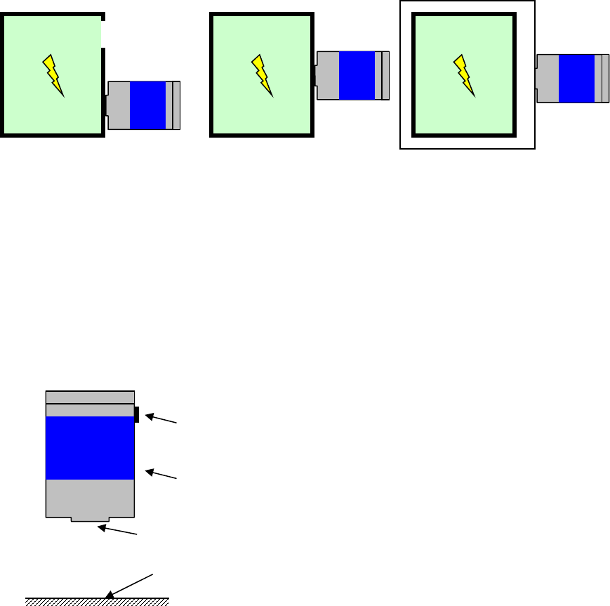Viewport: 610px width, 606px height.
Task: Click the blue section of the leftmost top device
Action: (147, 105)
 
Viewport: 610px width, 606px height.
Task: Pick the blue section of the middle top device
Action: (357, 75)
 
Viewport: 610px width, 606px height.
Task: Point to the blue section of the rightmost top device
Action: (576, 78)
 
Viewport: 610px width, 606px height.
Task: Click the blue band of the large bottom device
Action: (90, 448)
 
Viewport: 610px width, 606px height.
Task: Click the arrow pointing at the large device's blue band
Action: (163, 474)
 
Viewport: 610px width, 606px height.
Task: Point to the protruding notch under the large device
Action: (90, 520)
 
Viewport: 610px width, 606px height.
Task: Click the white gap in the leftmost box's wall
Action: (103, 33)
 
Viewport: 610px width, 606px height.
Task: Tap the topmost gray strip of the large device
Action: (90, 397)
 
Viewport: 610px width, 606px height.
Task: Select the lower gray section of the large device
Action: (90, 498)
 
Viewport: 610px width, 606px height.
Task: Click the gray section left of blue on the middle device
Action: (329, 75)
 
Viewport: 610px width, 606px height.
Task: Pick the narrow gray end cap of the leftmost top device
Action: (176, 105)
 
